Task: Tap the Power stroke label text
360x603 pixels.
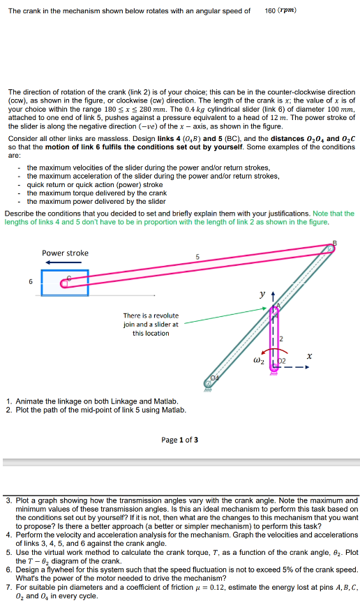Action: click(x=65, y=253)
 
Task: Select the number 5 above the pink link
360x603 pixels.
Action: click(x=197, y=259)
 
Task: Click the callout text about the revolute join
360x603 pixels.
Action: click(x=151, y=324)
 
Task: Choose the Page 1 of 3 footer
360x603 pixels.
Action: click(x=179, y=440)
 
